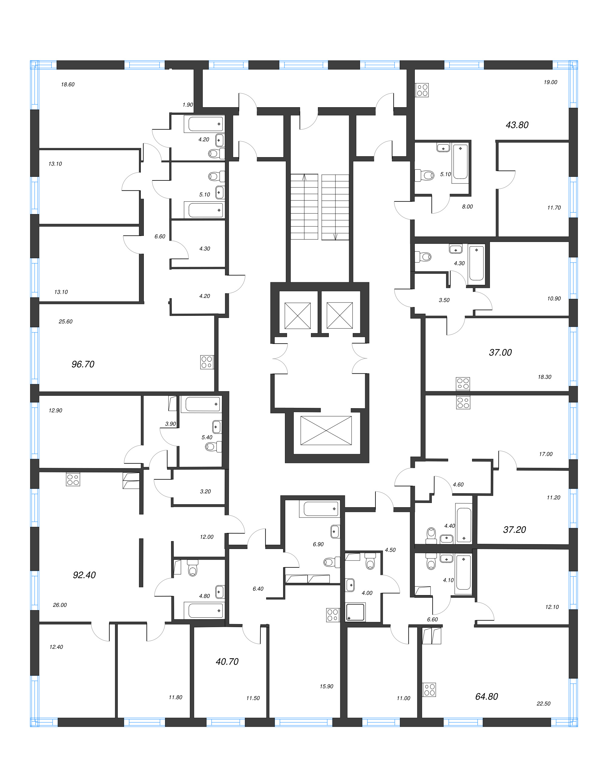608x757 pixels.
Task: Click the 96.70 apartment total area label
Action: (x=83, y=364)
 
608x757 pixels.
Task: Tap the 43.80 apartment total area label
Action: (x=517, y=125)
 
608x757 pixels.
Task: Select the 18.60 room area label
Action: (x=68, y=84)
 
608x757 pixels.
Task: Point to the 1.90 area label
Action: (x=188, y=105)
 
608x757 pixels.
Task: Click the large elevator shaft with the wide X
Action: (x=326, y=431)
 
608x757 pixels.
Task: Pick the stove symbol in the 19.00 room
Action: (x=422, y=90)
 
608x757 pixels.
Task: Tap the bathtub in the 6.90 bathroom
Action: (x=319, y=509)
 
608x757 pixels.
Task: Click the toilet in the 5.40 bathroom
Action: (x=211, y=447)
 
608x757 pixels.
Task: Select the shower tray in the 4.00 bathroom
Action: (x=355, y=612)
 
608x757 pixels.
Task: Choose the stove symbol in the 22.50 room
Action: (x=429, y=689)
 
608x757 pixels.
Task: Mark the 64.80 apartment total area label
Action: (x=486, y=696)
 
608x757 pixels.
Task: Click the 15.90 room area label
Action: (x=326, y=686)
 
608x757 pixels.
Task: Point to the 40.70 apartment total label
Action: (x=227, y=662)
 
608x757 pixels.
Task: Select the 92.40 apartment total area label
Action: (x=84, y=575)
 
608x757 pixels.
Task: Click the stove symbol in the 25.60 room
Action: (x=207, y=362)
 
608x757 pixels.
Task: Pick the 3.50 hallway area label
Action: (x=444, y=300)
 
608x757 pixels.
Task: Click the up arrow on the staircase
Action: (x=304, y=177)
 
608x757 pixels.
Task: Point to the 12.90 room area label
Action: (x=55, y=411)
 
